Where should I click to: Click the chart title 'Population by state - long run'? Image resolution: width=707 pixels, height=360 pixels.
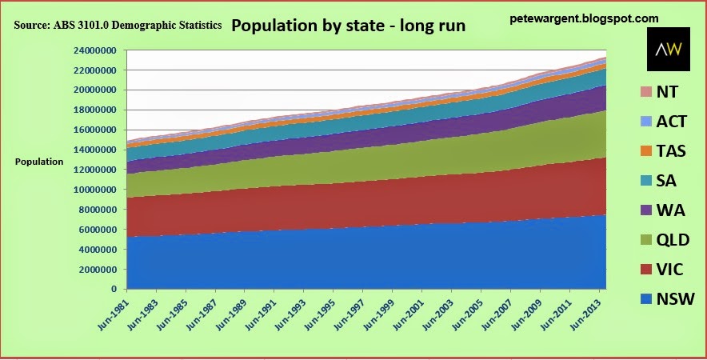[x=348, y=25]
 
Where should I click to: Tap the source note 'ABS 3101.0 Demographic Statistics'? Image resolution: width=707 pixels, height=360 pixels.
[x=118, y=26]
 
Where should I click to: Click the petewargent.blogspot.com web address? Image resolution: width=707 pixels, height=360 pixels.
[x=584, y=18]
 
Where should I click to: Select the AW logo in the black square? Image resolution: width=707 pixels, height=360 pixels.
[x=667, y=50]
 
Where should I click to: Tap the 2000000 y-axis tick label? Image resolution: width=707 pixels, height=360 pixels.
[x=96, y=270]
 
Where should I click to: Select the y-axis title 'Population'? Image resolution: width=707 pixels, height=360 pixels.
[x=38, y=162]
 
